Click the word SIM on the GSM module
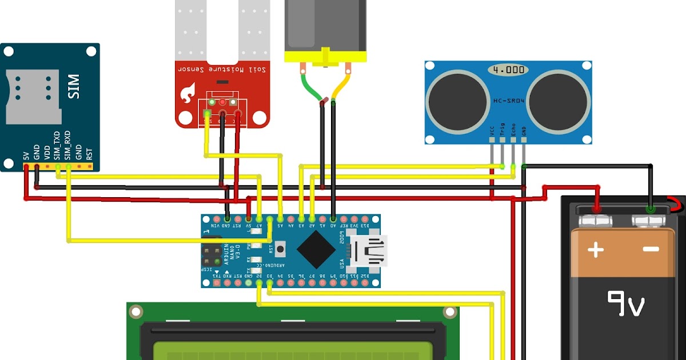tap(74, 86)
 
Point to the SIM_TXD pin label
tap(57, 146)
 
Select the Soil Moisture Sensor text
tap(222, 69)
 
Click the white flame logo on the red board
tap(187, 91)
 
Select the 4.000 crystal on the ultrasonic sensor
tap(508, 70)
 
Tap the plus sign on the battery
tap(596, 249)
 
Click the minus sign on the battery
tap(651, 249)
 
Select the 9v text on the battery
tap(625, 303)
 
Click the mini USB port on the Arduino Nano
tap(370, 251)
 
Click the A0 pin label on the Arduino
tap(333, 226)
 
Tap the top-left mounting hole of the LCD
tap(135, 311)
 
